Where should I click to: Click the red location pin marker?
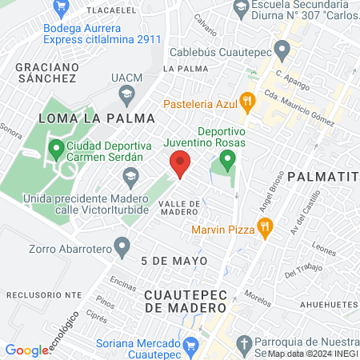[180, 166]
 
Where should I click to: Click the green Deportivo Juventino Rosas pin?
[228, 161]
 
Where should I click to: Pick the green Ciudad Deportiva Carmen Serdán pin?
[56, 149]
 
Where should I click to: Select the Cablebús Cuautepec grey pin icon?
[282, 51]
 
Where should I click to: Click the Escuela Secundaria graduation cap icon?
[240, 9]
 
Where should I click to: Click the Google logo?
[26, 350]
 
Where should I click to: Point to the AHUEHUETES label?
[328, 305]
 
